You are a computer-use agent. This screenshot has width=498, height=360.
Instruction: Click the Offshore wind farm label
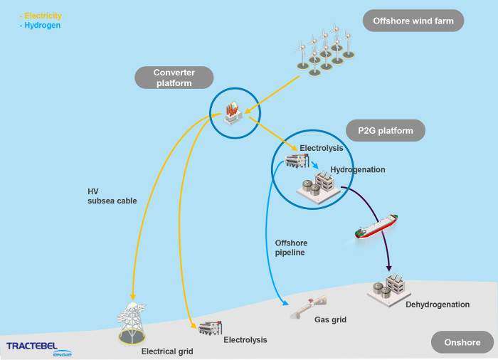point(413,21)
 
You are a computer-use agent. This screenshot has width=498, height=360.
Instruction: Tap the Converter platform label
point(174,78)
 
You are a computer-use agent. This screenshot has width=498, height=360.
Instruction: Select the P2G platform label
point(386,131)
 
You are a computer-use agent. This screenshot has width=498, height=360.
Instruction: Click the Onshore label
point(462,342)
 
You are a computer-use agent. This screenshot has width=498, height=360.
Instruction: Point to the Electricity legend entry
point(41,16)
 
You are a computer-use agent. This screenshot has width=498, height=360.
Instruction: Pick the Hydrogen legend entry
point(40,26)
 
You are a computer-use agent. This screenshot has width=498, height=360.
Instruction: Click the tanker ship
point(376,226)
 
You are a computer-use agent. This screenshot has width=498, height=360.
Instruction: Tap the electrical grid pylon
point(132,322)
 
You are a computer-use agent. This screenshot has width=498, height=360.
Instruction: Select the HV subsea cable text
point(112,196)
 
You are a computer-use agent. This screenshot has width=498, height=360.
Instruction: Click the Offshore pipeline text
point(291,248)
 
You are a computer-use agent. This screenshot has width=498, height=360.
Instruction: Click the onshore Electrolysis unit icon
point(211,328)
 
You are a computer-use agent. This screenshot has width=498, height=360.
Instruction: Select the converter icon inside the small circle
point(233,113)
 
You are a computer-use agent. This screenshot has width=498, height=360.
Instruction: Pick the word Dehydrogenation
point(438,305)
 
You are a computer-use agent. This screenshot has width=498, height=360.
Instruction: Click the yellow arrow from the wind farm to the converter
point(272,95)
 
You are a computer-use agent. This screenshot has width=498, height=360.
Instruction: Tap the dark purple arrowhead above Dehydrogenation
point(388,268)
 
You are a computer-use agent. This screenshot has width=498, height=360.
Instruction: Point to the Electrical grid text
point(167,351)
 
